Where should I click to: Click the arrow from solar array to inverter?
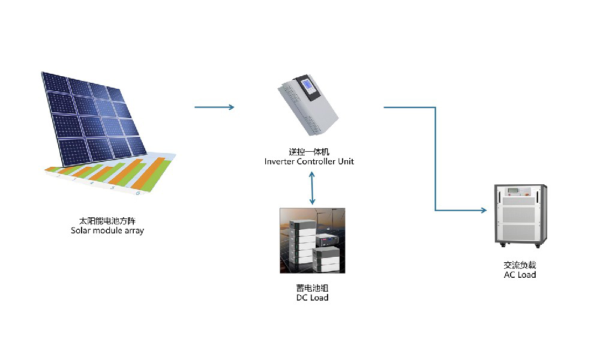pyautogui.click(x=214, y=107)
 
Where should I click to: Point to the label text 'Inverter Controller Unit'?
pyautogui.click(x=309, y=161)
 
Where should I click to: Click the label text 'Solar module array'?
pyautogui.click(x=107, y=230)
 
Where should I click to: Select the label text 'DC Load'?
pyautogui.click(x=312, y=298)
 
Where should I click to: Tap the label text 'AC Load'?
pyautogui.click(x=520, y=274)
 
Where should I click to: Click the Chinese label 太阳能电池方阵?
pyautogui.click(x=107, y=221)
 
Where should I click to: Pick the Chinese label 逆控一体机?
pyautogui.click(x=309, y=152)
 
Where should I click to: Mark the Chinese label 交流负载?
pyautogui.click(x=520, y=265)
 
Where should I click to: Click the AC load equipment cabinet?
pyautogui.click(x=520, y=217)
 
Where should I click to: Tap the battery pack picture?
pyautogui.click(x=313, y=241)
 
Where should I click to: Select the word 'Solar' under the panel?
pyautogui.click(x=82, y=230)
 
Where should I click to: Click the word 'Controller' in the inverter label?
pyautogui.click(x=318, y=161)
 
